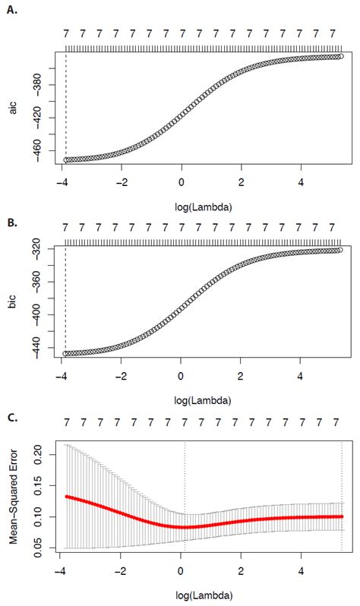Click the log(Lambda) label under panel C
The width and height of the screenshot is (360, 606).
coord(204,594)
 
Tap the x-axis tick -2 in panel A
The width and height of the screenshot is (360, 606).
coord(120,181)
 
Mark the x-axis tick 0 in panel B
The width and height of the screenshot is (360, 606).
coord(181,376)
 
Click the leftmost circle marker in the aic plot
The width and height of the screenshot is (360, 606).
coord(66,159)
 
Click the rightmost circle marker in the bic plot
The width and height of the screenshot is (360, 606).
coord(340,250)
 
